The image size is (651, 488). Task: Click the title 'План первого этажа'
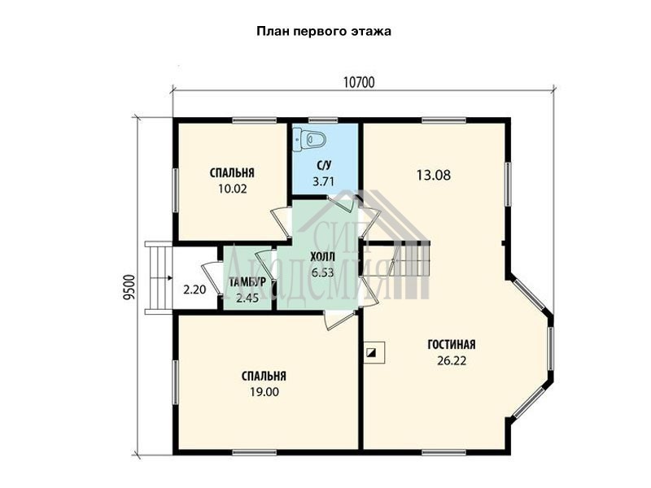pos(324,32)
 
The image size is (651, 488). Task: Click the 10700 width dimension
pos(359,83)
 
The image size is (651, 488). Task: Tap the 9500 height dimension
pos(130,287)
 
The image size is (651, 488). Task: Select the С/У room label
pos(324,166)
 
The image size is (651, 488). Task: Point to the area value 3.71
pos(323,181)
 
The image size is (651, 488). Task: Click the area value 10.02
pos(233,190)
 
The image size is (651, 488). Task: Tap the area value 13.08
pos(434,175)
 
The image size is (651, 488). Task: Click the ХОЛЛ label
pos(322,257)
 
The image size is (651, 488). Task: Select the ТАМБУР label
pos(247,282)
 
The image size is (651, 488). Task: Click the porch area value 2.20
pos(194,290)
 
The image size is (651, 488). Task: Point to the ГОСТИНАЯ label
pos(452,345)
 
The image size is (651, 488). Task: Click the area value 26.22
pos(452,360)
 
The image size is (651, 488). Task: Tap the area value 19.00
pos(264,392)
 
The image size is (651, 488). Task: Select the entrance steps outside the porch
pos(159,278)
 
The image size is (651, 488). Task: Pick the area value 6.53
pos(322,272)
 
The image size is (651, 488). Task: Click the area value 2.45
pos(247,298)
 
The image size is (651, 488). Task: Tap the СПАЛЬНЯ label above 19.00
pos(264,377)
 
